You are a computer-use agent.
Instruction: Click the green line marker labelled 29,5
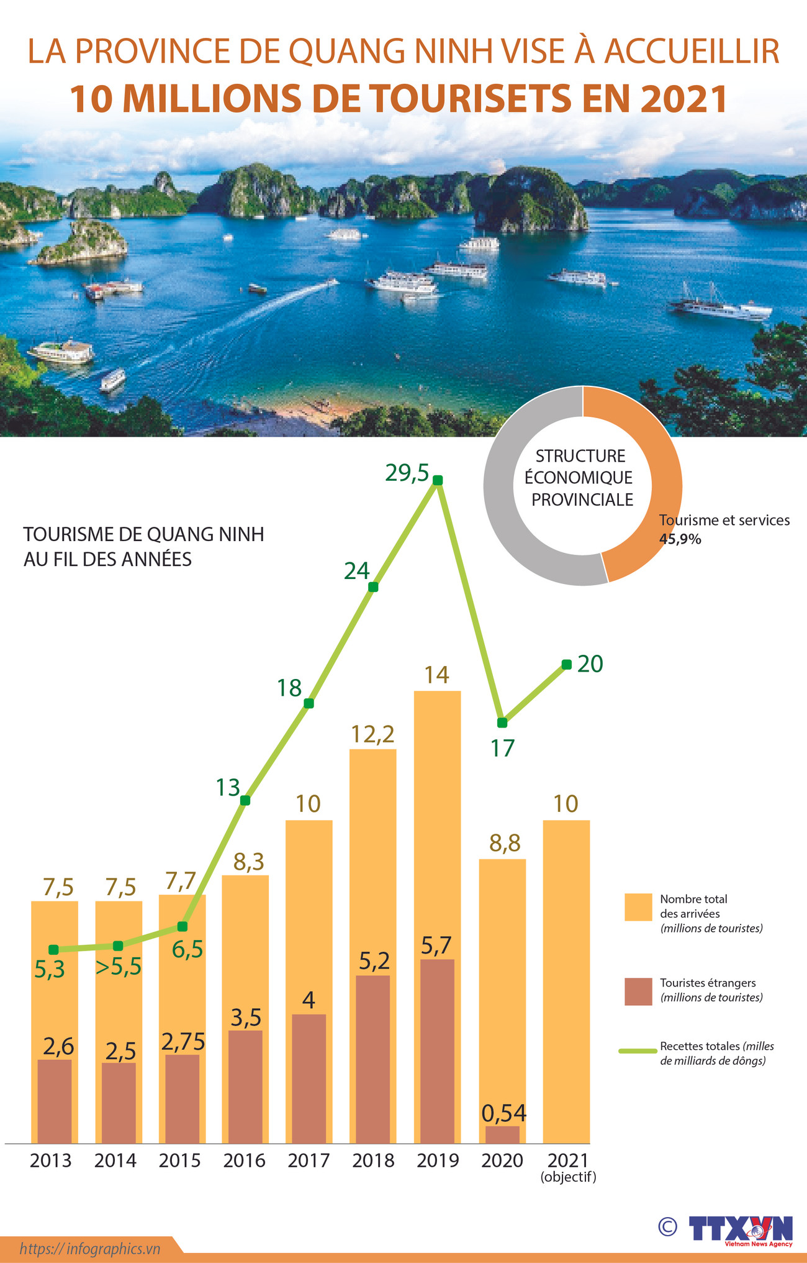pos(438,480)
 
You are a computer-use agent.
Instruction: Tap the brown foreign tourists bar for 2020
pos(502,1134)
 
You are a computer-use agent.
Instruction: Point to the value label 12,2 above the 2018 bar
pos(372,734)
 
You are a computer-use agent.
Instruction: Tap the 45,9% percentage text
pos(680,539)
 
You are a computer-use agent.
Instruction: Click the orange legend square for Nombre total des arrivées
pos(638,907)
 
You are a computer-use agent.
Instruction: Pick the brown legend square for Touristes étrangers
pos(638,992)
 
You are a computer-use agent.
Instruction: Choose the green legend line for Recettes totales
pos(638,1051)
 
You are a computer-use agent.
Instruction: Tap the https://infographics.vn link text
pos(90,1248)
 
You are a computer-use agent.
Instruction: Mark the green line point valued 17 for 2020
pos(502,723)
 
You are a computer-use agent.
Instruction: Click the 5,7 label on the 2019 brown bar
pos(436,945)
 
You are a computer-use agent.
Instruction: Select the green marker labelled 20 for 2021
pos(566,664)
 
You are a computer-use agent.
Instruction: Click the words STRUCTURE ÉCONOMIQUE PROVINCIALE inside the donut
pos(582,478)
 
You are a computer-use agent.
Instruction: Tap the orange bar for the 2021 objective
pos(566,982)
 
